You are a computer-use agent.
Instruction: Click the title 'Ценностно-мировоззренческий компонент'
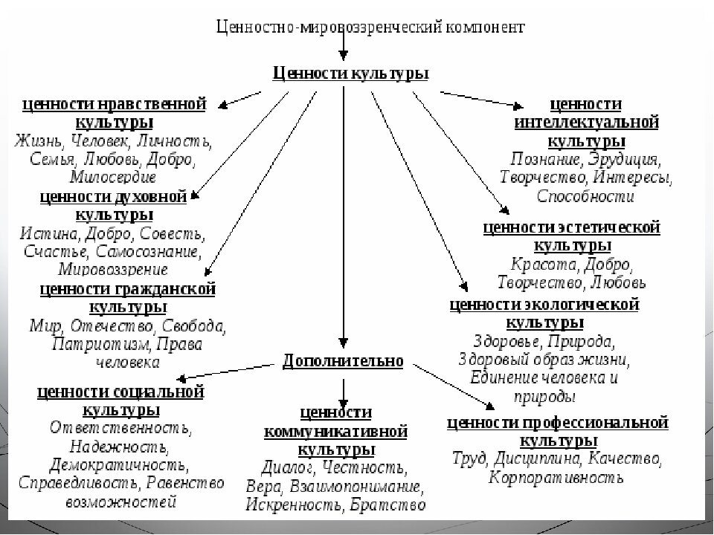[370, 27]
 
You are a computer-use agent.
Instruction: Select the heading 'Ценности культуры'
[350, 73]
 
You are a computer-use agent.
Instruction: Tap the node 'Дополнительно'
[343, 361]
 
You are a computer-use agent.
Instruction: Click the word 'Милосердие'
[113, 178]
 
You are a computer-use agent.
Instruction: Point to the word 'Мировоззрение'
[113, 269]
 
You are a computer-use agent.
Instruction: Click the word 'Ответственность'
[120, 429]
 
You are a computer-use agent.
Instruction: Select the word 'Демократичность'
[117, 465]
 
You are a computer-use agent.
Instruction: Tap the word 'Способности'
[585, 197]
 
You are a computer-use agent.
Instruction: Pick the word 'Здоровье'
[508, 343]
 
